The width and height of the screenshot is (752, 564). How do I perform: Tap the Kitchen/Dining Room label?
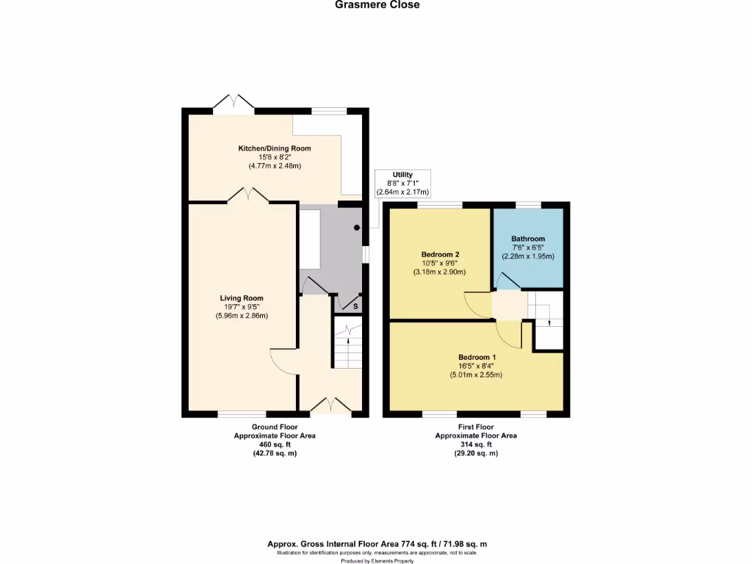[275, 148]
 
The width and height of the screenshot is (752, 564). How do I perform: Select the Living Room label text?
[242, 298]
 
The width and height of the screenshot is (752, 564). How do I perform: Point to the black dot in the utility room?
[357, 228]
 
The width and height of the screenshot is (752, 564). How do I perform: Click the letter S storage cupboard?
[356, 305]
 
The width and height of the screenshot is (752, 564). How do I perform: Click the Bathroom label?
[528, 239]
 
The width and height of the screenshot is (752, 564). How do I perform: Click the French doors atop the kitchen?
[234, 102]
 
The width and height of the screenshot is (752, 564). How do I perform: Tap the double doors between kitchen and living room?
[247, 195]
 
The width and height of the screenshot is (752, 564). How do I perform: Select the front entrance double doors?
[330, 405]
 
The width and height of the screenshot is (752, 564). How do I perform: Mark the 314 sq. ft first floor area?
[476, 444]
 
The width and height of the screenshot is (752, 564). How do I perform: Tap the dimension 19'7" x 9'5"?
[242, 307]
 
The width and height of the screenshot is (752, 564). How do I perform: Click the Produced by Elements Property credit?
[376, 560]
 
